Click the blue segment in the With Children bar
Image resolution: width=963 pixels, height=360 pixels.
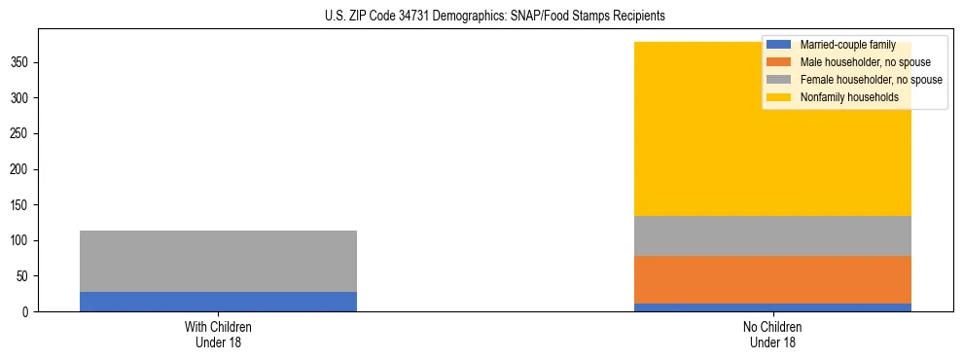218,302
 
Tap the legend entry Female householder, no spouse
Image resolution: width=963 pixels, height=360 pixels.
871,80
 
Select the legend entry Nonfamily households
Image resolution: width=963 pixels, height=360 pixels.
848,97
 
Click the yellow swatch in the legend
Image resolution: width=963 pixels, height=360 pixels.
779,97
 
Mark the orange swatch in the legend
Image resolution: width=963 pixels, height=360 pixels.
779,62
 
